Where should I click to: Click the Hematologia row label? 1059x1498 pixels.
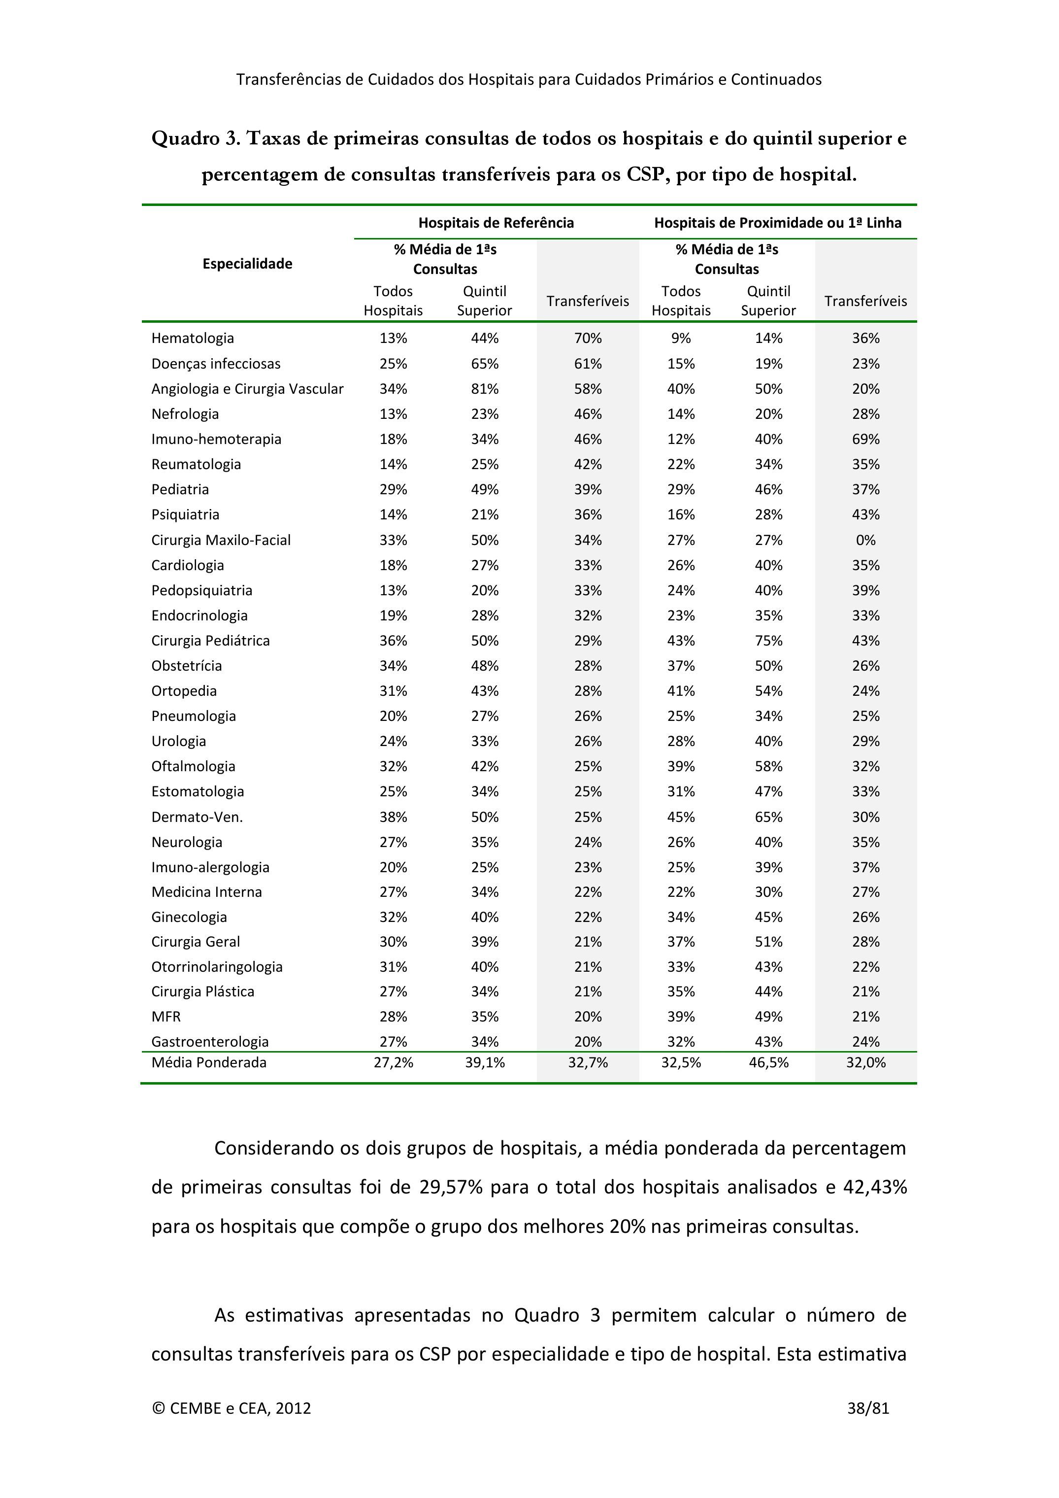click(x=193, y=338)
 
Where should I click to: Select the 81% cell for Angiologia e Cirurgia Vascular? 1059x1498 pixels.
click(x=485, y=389)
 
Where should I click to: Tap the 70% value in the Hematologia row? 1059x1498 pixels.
click(x=588, y=338)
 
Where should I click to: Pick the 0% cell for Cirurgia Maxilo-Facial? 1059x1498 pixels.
click(x=865, y=540)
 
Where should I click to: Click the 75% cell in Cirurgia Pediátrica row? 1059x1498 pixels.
click(x=768, y=641)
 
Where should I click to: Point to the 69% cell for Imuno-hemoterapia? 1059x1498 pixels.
click(x=865, y=439)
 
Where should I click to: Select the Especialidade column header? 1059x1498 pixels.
click(x=247, y=264)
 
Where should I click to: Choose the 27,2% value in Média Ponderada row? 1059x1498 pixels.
click(x=393, y=1063)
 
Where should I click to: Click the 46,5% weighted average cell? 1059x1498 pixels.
click(x=768, y=1063)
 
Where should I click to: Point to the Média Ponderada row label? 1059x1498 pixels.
click(x=209, y=1063)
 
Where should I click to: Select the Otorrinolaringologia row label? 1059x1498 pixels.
click(x=217, y=967)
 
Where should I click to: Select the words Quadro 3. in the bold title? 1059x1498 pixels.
click(x=196, y=138)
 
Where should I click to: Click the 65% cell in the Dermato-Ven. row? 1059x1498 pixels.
click(x=768, y=817)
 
